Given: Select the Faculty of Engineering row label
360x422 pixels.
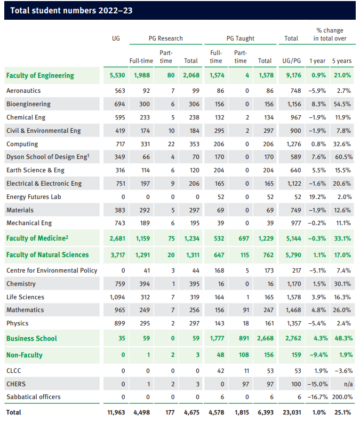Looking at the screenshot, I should (x=40, y=76).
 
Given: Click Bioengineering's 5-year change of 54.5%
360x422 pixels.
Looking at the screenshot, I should (x=341, y=104).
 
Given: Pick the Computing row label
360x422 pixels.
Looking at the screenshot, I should (x=22, y=144).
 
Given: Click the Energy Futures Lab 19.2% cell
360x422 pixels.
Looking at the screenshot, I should (x=318, y=197).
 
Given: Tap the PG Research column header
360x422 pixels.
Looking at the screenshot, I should (x=165, y=38).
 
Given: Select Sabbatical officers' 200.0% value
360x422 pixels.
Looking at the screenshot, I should (x=341, y=397).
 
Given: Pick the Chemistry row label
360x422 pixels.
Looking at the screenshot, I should (x=22, y=284).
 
